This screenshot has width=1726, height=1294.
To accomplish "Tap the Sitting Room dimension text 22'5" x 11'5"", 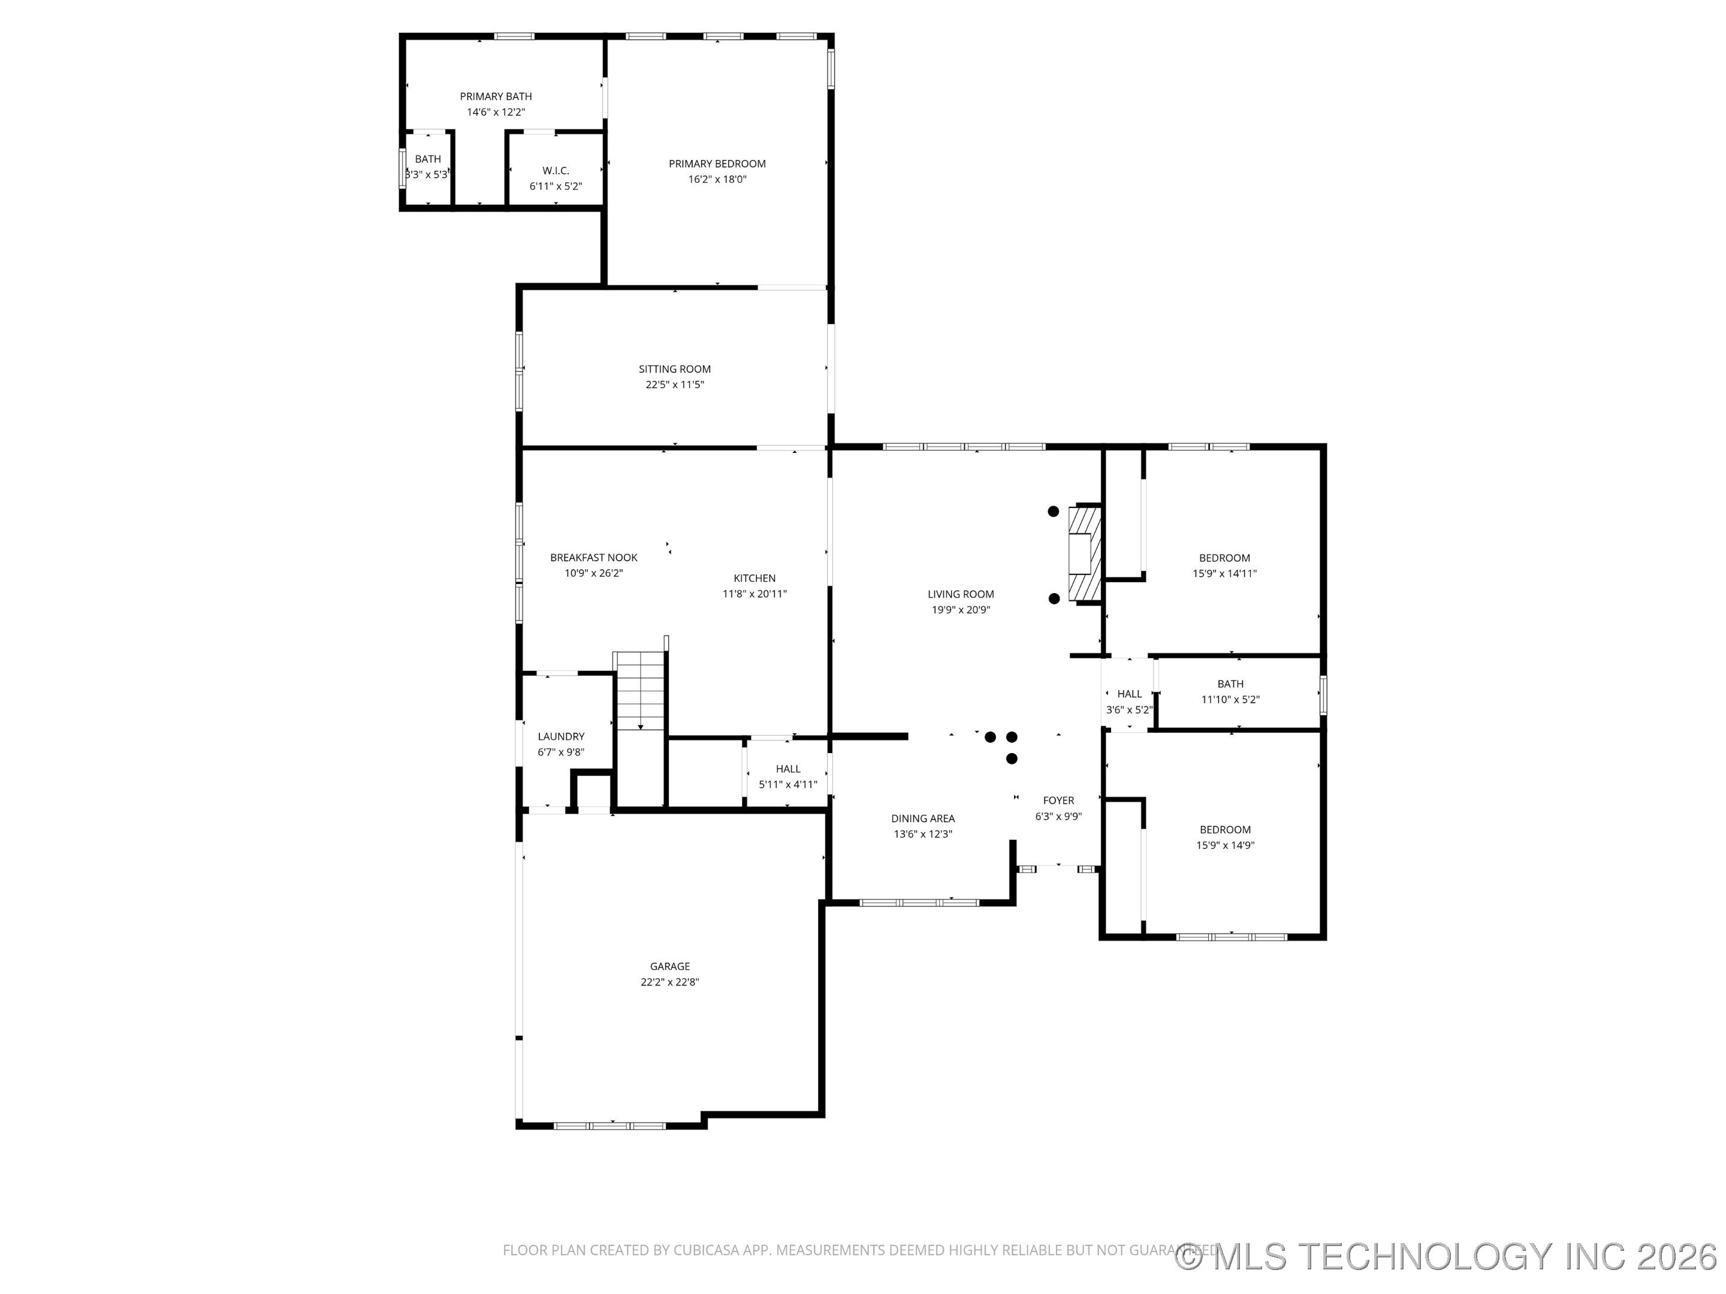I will [674, 385].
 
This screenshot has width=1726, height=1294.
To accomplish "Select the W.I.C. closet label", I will [556, 171].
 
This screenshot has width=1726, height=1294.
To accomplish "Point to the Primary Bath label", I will [496, 96].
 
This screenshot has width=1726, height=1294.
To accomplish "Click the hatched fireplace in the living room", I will [1085, 554].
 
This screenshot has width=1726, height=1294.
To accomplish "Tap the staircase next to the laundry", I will [641, 690].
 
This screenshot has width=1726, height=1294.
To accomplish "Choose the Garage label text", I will [669, 966].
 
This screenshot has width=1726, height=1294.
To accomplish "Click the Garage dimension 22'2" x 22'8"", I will [669, 982].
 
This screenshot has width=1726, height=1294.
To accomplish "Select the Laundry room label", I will [560, 736].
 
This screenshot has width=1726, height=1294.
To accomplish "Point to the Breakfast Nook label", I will [593, 558].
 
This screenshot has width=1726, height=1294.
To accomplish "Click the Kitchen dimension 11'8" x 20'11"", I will [754, 594].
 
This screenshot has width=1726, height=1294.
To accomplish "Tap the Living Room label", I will [961, 594].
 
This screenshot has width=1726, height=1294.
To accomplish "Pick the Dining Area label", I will [922, 818].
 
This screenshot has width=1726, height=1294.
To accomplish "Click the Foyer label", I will [1058, 800].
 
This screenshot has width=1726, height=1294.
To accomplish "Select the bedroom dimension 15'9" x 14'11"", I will [1224, 573].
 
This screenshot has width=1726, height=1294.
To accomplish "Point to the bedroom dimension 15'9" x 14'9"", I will [1224, 845].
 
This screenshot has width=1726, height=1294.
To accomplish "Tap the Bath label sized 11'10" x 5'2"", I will [1230, 684].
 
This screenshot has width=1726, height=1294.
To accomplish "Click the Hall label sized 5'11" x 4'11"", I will [787, 769].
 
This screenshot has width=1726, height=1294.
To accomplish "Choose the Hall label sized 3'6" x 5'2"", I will [1128, 694].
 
